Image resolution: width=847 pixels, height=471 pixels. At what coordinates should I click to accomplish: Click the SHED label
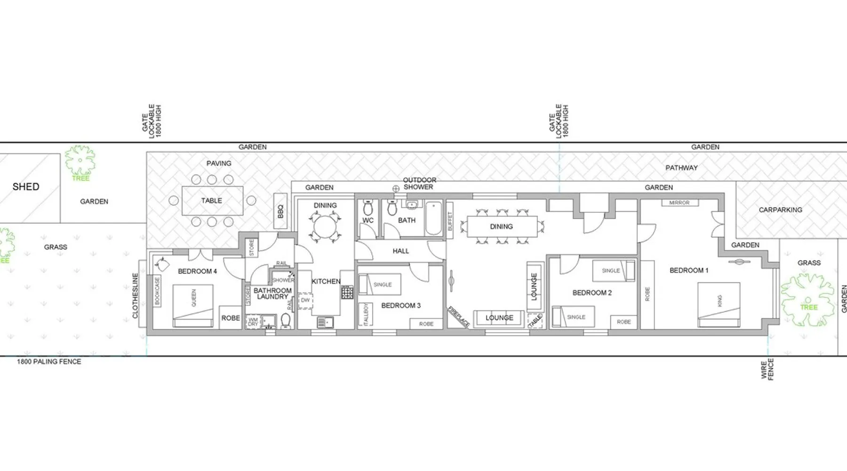(26, 187)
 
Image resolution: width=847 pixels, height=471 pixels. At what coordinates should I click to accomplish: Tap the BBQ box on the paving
(280, 211)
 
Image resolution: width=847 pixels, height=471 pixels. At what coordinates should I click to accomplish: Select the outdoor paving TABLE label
(212, 201)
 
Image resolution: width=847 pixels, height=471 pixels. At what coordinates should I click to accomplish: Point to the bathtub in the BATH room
(434, 218)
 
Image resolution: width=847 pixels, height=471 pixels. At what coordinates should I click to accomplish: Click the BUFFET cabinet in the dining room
(449, 221)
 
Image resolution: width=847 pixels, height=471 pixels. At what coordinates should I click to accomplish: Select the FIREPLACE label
(458, 317)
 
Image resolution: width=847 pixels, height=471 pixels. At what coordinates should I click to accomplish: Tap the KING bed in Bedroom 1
(719, 304)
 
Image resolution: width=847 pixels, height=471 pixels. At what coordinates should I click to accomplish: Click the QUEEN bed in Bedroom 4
(193, 306)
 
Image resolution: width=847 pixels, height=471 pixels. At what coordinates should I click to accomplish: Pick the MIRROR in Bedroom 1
(679, 203)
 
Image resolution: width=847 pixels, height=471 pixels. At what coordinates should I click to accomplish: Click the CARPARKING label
(781, 210)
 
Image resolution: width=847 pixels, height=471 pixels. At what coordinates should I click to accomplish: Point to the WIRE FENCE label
(767, 369)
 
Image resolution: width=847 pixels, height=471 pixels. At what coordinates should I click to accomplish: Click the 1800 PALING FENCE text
(49, 362)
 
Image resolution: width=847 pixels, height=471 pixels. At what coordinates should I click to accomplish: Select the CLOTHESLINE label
(136, 295)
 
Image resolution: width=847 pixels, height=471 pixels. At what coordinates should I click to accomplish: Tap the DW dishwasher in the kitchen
(305, 301)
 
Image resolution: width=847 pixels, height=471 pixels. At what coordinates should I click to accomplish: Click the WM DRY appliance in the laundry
(253, 321)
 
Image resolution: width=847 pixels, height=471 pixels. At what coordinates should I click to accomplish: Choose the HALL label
(401, 251)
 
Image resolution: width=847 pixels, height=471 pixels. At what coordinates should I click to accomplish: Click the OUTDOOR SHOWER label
(419, 183)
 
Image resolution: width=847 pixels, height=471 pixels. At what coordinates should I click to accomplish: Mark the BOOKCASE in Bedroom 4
(157, 291)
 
